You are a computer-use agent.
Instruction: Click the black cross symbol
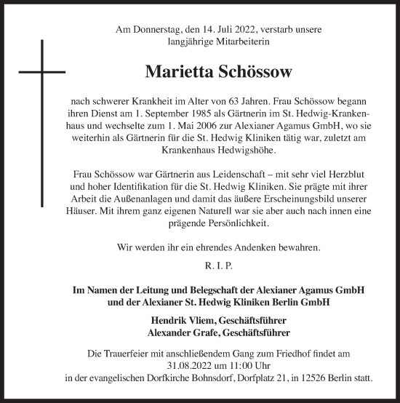(x=41, y=73)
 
